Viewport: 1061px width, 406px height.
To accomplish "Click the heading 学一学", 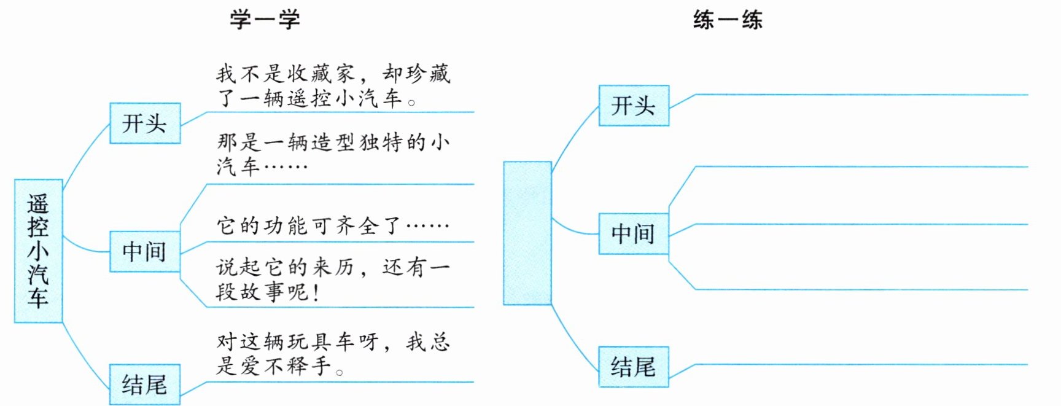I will tap(265, 19).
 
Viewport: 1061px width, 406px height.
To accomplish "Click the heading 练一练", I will tap(728, 20).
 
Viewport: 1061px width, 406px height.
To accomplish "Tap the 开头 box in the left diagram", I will tap(145, 123).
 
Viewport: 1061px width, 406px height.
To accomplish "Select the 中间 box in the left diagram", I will tap(145, 251).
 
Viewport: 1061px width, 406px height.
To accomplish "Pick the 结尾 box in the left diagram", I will tap(145, 385).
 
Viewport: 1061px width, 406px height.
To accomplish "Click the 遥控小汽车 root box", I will tap(38, 251).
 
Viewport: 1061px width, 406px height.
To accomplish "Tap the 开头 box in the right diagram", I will tap(634, 106).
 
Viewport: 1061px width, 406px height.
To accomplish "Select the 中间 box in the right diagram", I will tap(634, 233).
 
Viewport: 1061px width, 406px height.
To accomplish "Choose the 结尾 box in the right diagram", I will tap(634, 367).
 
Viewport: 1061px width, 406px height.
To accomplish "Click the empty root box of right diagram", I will tap(527, 233).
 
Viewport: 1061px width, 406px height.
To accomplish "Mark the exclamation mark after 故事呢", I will tap(316, 291).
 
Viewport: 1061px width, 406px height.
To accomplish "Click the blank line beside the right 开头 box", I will tap(860, 95).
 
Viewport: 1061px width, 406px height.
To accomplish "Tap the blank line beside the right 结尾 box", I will tap(860, 364).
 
